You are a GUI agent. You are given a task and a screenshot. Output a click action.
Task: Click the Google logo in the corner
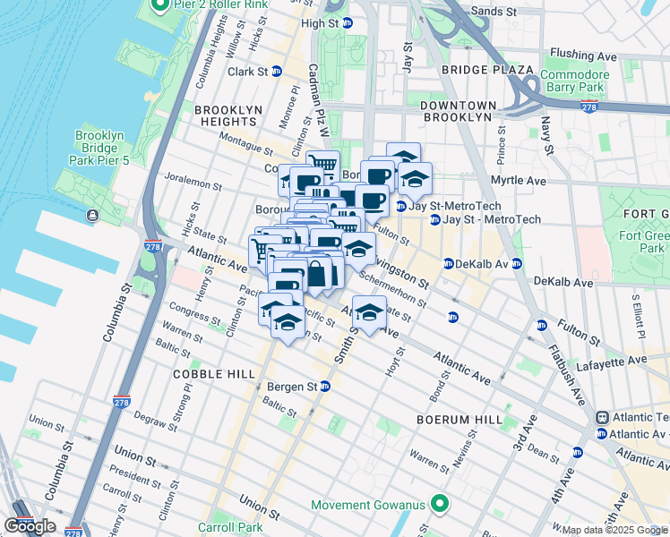(30, 526)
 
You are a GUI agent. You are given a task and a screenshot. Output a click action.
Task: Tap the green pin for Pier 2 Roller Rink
(161, 7)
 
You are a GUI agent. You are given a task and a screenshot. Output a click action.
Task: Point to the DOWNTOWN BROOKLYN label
(457, 111)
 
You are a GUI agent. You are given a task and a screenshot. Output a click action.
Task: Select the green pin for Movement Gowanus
(439, 505)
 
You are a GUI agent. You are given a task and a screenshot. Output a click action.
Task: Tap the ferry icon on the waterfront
(92, 215)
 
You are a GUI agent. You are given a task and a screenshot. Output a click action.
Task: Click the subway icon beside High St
(348, 23)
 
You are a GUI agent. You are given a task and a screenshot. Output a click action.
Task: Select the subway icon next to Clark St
(277, 72)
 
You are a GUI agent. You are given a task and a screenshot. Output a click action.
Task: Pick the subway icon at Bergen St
(325, 387)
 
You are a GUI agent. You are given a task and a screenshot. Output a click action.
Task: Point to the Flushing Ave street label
(584, 55)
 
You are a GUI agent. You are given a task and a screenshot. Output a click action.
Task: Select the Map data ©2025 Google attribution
(614, 530)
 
